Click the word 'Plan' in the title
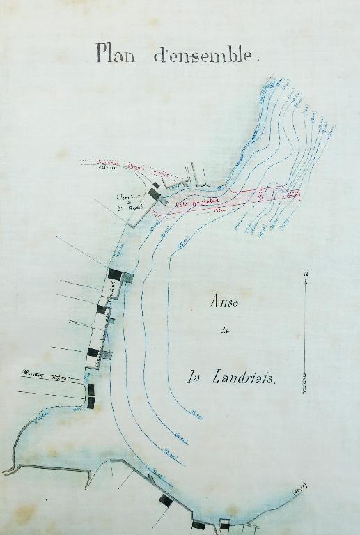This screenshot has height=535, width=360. pos(116,53)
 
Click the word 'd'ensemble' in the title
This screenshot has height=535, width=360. pos(206,55)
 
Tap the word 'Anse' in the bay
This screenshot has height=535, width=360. pos(224,302)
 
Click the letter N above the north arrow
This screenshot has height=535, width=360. pos(306,273)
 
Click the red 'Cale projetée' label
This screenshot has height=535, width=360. pos(197,203)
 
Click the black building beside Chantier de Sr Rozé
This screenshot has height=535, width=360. pos(155,192)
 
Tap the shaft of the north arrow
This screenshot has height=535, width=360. pos(306,327)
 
